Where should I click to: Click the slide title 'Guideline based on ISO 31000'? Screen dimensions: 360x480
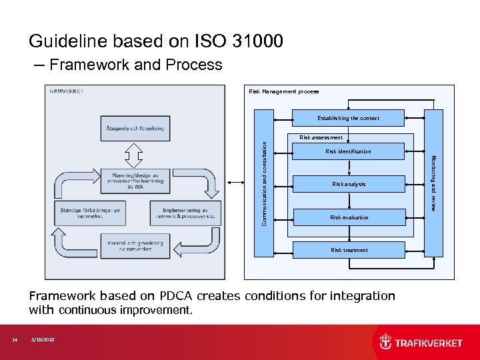pos(155,41)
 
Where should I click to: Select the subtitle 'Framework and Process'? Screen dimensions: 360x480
pos(135,65)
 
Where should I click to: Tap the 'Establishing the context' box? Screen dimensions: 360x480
pos(349,118)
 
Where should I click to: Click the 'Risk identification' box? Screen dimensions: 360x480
pos(349,151)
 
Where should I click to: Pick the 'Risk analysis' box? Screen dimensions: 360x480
pos(349,184)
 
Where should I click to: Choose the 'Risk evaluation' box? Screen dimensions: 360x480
pos(349,217)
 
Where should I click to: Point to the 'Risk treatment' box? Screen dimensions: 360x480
pos(349,250)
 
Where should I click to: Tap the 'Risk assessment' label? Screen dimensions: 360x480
pos(321,137)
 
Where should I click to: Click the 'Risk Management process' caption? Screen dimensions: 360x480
pos(283,91)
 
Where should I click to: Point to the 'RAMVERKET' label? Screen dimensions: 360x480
pos(67,91)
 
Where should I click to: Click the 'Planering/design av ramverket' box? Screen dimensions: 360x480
pos(134,181)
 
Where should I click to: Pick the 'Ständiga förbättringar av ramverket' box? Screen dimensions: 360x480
pos(88,213)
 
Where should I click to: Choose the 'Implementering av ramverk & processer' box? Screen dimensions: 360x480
pos(180,213)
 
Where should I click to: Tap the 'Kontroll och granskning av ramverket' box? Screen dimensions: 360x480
pos(134,245)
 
